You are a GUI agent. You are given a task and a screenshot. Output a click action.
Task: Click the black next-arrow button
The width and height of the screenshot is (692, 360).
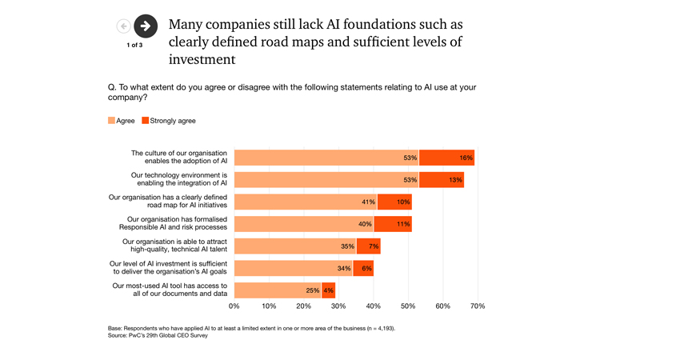pyautogui.click(x=145, y=26)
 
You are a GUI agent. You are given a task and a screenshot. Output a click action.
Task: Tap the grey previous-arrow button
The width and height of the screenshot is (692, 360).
pyautogui.click(x=123, y=26)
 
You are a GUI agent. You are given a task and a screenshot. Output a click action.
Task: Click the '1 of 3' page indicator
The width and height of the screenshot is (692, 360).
pyautogui.click(x=134, y=46)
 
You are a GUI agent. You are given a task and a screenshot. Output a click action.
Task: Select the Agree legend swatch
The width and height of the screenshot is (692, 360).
pyautogui.click(x=112, y=121)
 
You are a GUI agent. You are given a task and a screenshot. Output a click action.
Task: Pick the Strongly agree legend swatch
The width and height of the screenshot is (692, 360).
pyautogui.click(x=146, y=121)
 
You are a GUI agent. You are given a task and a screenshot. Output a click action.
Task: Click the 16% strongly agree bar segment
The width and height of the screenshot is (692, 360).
pyautogui.click(x=446, y=158)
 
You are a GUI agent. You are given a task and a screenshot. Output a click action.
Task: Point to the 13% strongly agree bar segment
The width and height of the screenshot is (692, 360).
pyautogui.click(x=442, y=180)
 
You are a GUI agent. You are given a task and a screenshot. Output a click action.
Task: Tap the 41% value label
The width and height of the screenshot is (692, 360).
pyautogui.click(x=368, y=202)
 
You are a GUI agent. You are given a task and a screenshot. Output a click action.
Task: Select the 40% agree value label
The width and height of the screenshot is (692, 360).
pyautogui.click(x=365, y=224)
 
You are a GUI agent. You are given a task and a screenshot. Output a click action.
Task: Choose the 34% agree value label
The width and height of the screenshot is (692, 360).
pyautogui.click(x=344, y=268)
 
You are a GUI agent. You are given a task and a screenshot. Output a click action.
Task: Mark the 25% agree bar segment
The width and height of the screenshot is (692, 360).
pyautogui.click(x=278, y=290)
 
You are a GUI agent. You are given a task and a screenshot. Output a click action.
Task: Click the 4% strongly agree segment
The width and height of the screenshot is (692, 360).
pyautogui.click(x=328, y=290)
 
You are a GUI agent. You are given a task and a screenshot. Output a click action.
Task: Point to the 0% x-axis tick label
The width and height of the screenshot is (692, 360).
pyautogui.click(x=234, y=306)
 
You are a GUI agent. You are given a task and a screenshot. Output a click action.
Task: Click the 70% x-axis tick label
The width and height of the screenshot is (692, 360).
pyautogui.click(x=478, y=306)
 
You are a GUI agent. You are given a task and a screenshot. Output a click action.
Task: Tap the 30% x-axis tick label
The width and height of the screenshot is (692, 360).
pyautogui.click(x=338, y=306)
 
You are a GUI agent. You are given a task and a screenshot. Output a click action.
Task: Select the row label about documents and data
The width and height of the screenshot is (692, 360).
pyautogui.click(x=170, y=290)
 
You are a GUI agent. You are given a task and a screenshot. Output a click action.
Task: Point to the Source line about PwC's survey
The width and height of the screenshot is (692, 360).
pyautogui.click(x=158, y=335)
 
